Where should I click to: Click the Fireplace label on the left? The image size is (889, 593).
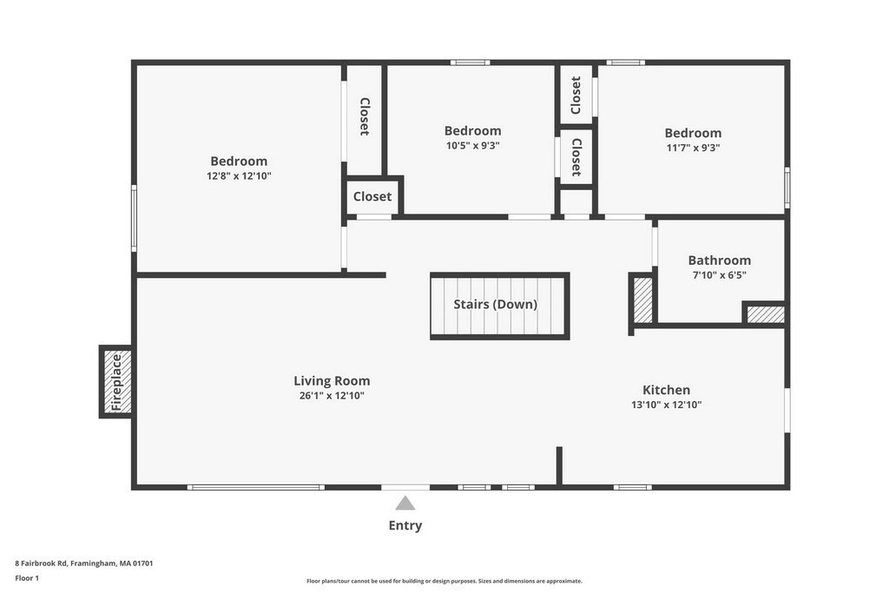pyautogui.click(x=116, y=381)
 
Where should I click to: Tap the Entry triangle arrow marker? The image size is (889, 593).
pyautogui.click(x=405, y=503)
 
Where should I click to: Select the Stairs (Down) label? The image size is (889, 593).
pyautogui.click(x=495, y=304)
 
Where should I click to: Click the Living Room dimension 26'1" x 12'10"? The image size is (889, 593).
pyautogui.click(x=332, y=396)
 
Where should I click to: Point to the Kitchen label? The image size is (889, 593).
pyautogui.click(x=666, y=390)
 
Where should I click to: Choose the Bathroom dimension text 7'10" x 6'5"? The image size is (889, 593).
pyautogui.click(x=719, y=274)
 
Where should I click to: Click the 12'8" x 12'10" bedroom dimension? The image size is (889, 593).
pyautogui.click(x=239, y=175)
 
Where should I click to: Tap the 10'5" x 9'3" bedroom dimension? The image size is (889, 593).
pyautogui.click(x=473, y=145)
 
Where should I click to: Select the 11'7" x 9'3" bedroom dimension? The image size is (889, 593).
pyautogui.click(x=693, y=148)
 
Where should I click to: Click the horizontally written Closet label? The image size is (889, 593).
pyautogui.click(x=372, y=196)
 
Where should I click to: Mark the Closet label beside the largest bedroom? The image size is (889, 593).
pyautogui.click(x=365, y=115)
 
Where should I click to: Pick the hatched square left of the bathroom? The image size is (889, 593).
pyautogui.click(x=643, y=300)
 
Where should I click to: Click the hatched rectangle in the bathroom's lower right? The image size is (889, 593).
pyautogui.click(x=766, y=314)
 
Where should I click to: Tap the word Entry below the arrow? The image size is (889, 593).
pyautogui.click(x=405, y=525)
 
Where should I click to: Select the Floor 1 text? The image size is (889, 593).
pyautogui.click(x=27, y=577)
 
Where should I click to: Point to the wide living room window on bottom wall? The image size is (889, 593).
pyautogui.click(x=256, y=487)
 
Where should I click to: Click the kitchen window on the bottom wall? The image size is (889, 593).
pyautogui.click(x=633, y=487)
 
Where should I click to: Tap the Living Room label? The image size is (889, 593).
pyautogui.click(x=332, y=380)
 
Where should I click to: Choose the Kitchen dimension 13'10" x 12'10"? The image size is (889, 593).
pyautogui.click(x=666, y=405)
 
